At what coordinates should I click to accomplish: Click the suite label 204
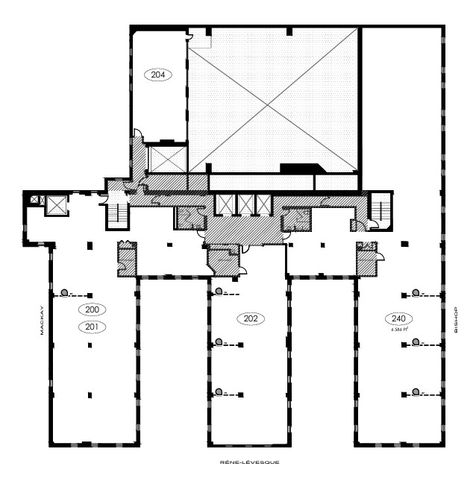[x=157, y=75]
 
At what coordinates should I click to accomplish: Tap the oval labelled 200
[x=92, y=309]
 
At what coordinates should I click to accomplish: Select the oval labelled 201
[x=92, y=326]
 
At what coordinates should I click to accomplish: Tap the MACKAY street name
[x=43, y=320]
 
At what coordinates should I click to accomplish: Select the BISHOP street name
[x=455, y=319]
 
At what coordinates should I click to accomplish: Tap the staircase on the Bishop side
[x=381, y=208]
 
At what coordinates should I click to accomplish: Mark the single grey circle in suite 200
[x=66, y=292]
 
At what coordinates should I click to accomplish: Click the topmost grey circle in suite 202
[x=219, y=291]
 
